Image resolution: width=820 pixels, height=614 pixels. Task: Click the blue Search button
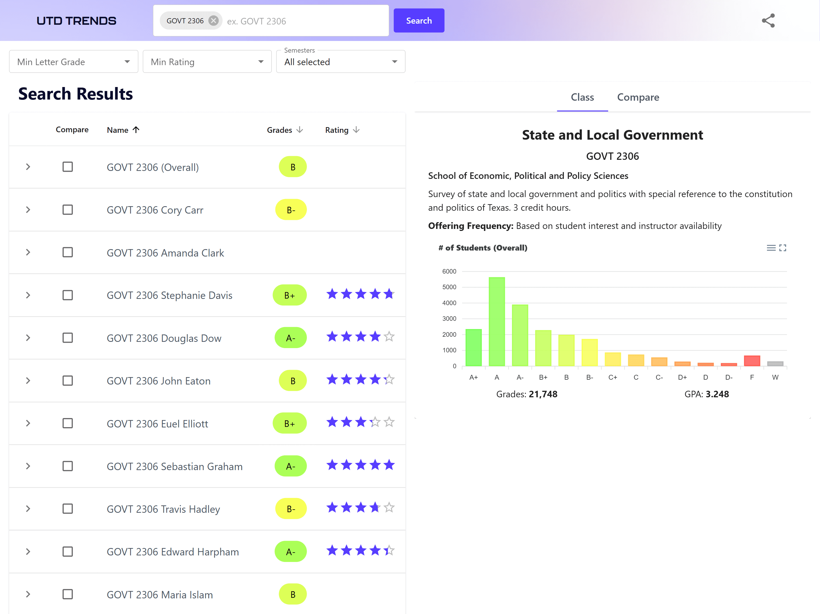pyautogui.click(x=419, y=21)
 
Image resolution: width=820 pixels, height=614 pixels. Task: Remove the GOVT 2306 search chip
pyautogui.click(x=213, y=21)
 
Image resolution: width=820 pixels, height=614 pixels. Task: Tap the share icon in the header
pyautogui.click(x=768, y=21)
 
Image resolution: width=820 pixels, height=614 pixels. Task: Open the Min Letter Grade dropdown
pyautogui.click(x=73, y=62)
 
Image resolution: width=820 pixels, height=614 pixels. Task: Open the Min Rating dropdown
pyautogui.click(x=207, y=62)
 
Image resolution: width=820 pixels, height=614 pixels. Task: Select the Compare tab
pyautogui.click(x=637, y=97)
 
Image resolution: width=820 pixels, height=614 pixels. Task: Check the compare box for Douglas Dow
pyautogui.click(x=67, y=338)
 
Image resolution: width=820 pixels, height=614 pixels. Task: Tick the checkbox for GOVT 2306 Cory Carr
pyautogui.click(x=67, y=210)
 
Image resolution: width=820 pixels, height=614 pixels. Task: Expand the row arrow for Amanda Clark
pyautogui.click(x=28, y=253)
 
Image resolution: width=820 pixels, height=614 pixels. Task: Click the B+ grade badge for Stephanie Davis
pyautogui.click(x=290, y=295)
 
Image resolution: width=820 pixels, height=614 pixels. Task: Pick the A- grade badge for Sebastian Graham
pyautogui.click(x=291, y=466)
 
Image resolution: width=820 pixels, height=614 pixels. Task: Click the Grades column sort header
pyautogui.click(x=285, y=130)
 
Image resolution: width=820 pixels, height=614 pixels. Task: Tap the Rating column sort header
pyautogui.click(x=342, y=130)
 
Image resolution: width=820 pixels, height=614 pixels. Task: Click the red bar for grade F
pyautogui.click(x=752, y=361)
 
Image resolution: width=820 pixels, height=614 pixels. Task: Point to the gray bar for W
pyautogui.click(x=775, y=364)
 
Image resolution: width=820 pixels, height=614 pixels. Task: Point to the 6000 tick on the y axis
pyautogui.click(x=449, y=271)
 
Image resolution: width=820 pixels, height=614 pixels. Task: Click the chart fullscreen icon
pyautogui.click(x=782, y=248)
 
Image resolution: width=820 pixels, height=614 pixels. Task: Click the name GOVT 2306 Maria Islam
pyautogui.click(x=160, y=595)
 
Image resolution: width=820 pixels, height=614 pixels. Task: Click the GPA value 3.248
pyautogui.click(x=717, y=394)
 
